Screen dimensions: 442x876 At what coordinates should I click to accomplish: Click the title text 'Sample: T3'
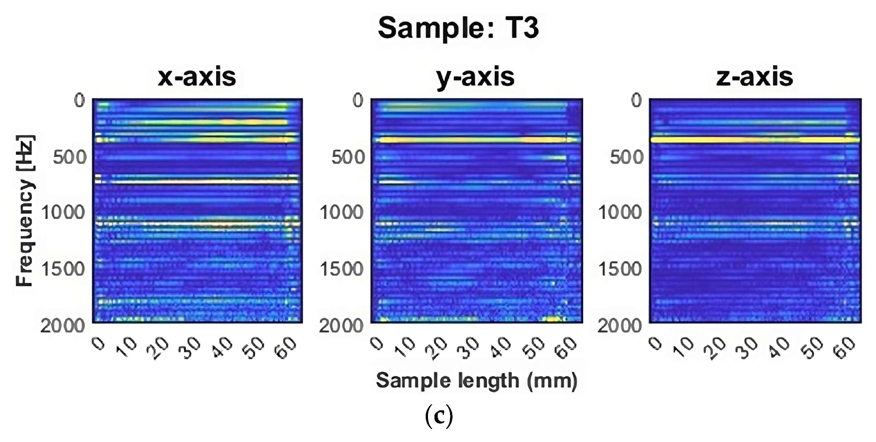458,28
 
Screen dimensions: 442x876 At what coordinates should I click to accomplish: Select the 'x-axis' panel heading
197,78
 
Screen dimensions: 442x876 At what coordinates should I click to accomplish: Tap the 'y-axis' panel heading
475,78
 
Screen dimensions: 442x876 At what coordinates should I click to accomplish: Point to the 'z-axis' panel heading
754,78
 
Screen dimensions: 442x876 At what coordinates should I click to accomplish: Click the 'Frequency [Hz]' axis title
25,211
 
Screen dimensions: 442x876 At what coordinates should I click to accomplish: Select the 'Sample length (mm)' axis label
476,381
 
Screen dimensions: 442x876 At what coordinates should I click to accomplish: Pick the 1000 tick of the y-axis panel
342,213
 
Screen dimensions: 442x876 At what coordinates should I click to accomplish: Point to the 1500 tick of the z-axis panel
620,269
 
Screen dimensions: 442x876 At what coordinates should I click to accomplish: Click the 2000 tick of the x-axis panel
63,326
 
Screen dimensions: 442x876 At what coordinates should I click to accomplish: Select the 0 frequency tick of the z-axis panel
636,101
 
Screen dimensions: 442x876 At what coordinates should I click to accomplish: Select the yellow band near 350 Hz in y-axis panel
476,139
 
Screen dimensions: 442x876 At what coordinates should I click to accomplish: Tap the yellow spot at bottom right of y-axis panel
551,319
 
